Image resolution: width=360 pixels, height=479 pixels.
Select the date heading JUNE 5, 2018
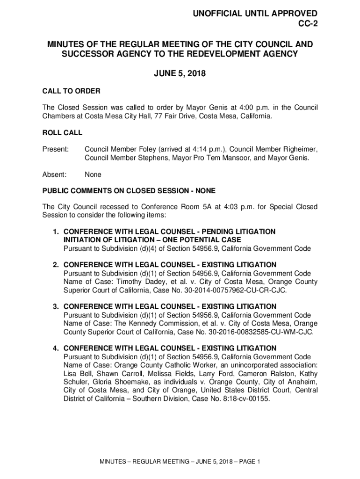pos(180,73)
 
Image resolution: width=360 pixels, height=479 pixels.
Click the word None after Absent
pos(93,174)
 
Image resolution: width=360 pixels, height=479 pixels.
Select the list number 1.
pos(55,232)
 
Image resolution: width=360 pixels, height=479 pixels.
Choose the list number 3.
pos(55,306)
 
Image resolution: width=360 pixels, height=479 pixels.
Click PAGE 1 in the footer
pos(248,462)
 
